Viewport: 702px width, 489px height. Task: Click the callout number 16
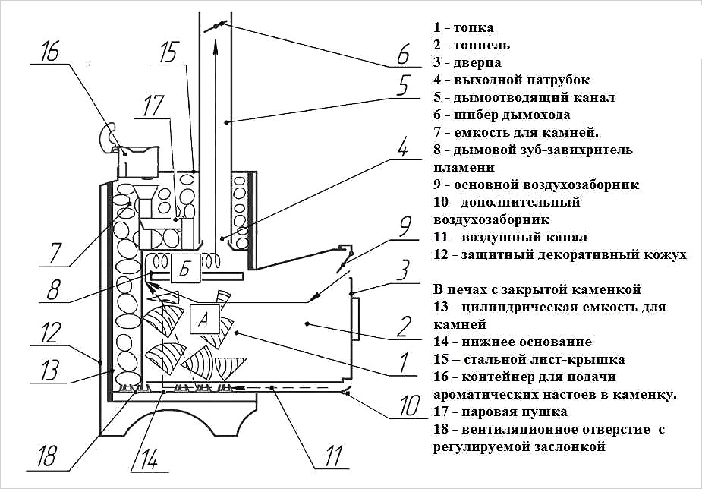pos(50,53)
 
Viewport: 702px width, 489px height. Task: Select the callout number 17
pos(154,106)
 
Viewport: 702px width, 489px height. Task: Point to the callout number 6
pos(403,54)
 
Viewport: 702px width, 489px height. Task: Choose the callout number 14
pos(149,459)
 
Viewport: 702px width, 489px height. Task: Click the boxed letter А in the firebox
pos(203,319)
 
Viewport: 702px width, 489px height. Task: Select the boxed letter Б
pos(185,268)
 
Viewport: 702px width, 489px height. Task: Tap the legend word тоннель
pos(481,46)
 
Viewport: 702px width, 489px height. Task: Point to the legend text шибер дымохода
pos(512,115)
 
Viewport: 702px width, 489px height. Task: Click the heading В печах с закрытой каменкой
pos(537,289)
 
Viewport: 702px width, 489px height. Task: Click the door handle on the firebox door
pos(357,319)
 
